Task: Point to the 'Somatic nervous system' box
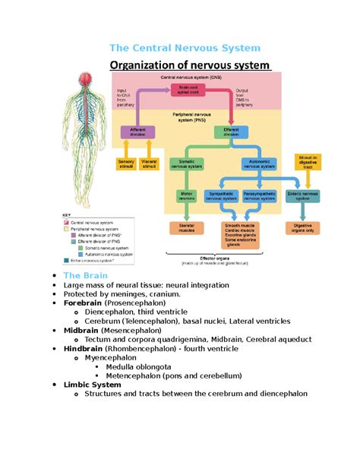pyautogui.click(x=186, y=163)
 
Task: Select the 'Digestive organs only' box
pyautogui.click(x=302, y=228)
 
